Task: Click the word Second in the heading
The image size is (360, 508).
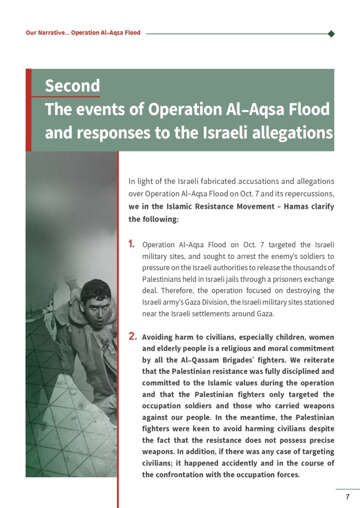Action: click(72, 86)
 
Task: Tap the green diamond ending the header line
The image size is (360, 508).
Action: click(331, 34)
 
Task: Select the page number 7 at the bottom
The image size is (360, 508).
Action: click(348, 497)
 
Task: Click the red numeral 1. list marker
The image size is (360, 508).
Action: click(132, 244)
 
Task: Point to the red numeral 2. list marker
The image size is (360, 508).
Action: click(133, 337)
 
